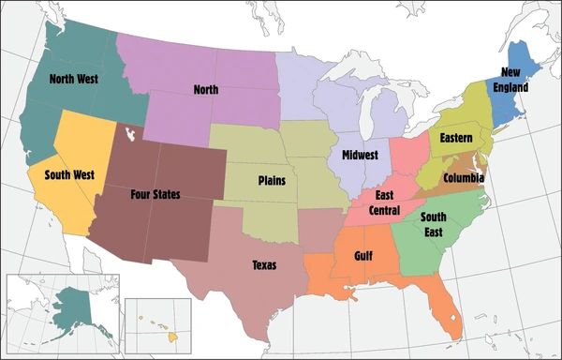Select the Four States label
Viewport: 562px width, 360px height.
pyautogui.click(x=155, y=195)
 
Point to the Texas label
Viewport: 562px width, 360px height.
pyautogui.click(x=265, y=264)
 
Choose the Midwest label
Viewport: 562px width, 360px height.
pyautogui.click(x=360, y=155)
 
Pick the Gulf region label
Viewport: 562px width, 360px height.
pyautogui.click(x=363, y=255)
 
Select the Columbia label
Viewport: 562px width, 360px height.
pyautogui.click(x=464, y=176)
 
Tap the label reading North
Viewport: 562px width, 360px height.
pyautogui.click(x=205, y=90)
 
